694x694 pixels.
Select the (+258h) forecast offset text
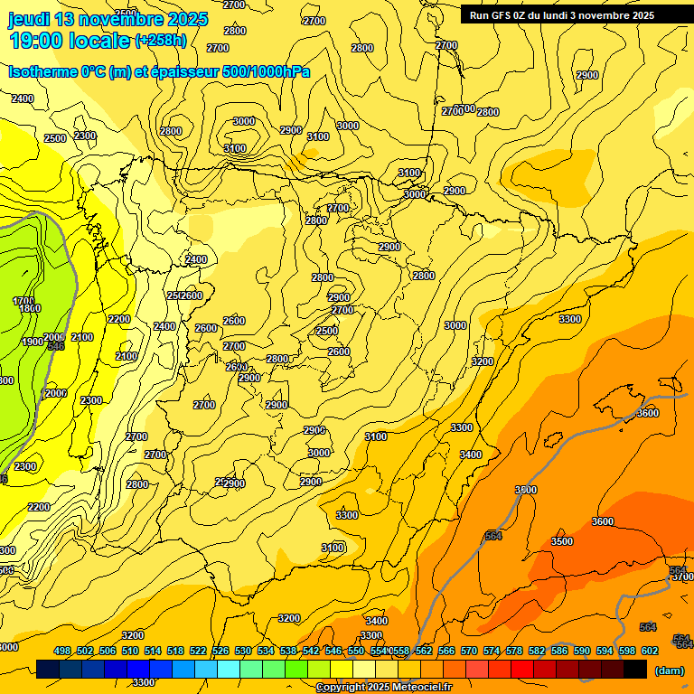[x=161, y=41]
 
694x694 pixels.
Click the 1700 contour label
[x=23, y=301]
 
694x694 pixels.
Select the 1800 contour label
[x=30, y=309]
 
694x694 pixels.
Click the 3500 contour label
[x=562, y=541]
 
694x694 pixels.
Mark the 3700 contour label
[x=682, y=577]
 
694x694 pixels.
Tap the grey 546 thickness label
[x=56, y=346]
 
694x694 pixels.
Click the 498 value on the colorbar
[x=62, y=651]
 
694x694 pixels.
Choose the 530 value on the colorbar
[x=243, y=651]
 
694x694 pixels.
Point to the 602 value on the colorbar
[x=649, y=651]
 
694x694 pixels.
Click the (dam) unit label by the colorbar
[x=669, y=671]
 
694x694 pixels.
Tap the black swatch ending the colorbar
[x=635, y=670]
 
